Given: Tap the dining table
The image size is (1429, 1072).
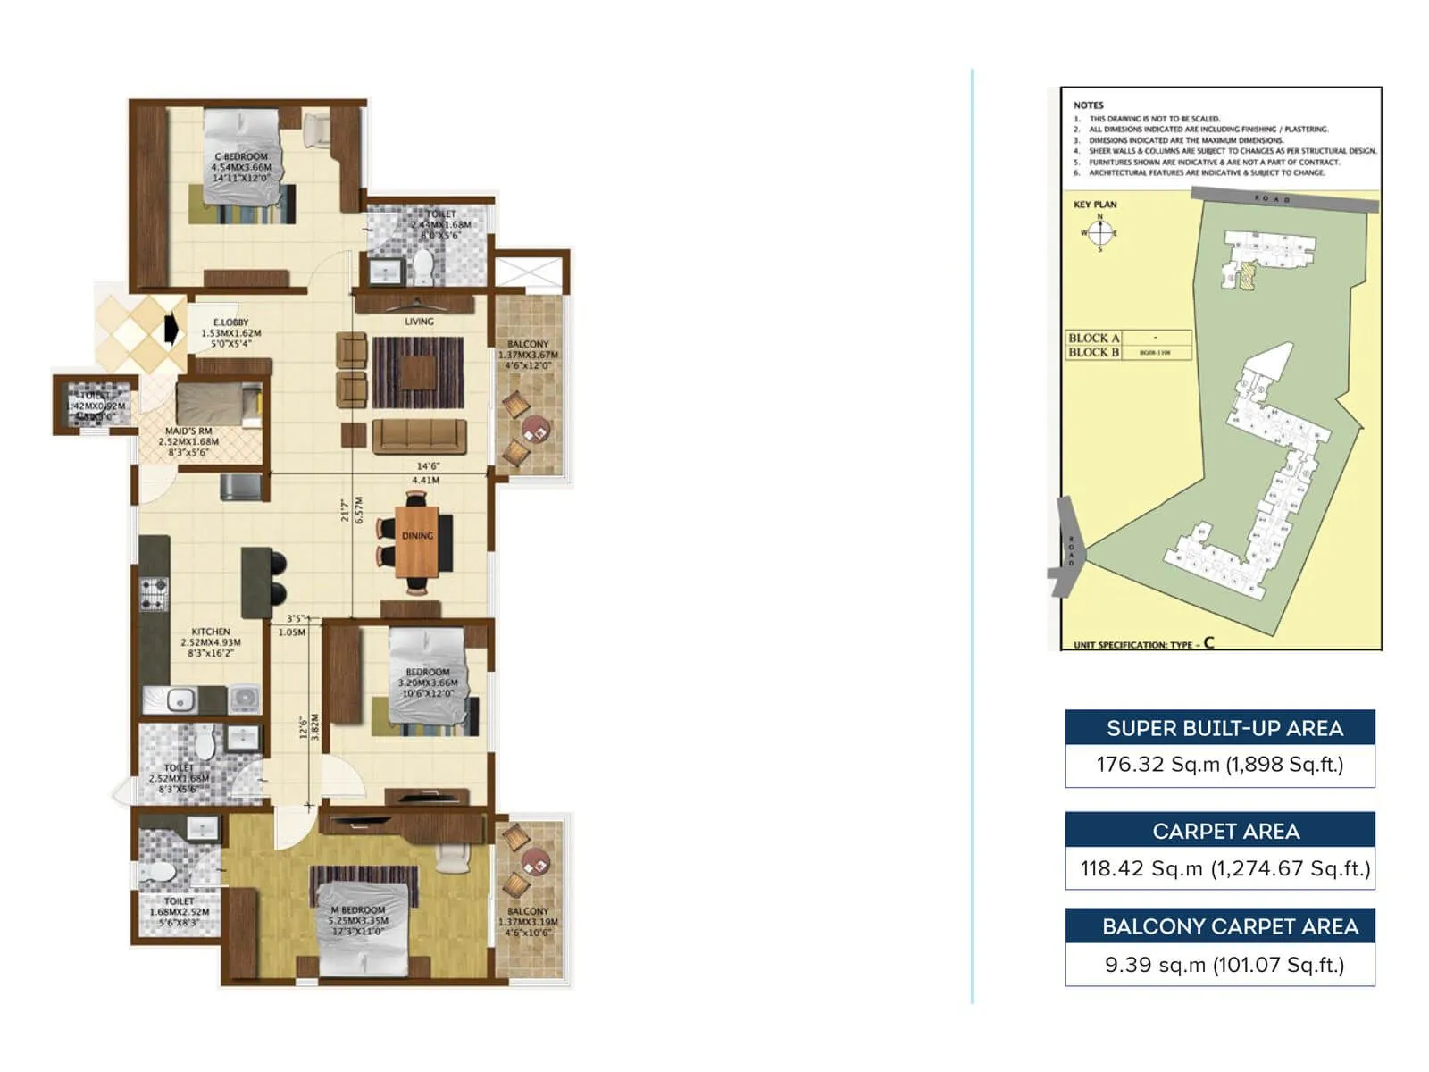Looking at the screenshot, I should [417, 541].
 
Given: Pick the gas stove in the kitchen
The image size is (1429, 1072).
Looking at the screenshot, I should [154, 595].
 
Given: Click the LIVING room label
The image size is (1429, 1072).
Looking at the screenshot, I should [419, 322].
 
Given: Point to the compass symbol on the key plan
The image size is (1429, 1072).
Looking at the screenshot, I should [1100, 233].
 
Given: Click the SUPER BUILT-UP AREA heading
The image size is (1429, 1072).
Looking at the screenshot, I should [1224, 728].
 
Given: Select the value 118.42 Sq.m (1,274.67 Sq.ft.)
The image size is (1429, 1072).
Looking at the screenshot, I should [1224, 868].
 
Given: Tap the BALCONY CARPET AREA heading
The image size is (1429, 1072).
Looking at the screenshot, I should [1229, 926].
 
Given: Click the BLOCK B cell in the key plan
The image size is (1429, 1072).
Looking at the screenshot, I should [1093, 352].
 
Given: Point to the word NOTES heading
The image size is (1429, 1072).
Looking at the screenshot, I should [1088, 105].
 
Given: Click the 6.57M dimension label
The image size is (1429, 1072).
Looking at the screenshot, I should [359, 510].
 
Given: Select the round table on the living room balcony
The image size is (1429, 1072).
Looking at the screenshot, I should [536, 429].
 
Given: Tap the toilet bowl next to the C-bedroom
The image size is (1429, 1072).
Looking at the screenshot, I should [422, 265].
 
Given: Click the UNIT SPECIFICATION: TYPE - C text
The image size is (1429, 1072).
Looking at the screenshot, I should [1143, 644].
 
